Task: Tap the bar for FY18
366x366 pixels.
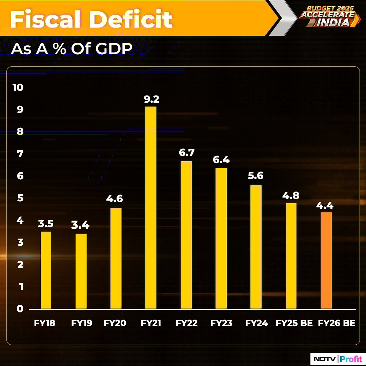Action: [46, 270]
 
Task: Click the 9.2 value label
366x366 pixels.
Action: [151, 99]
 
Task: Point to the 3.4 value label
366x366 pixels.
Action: [81, 225]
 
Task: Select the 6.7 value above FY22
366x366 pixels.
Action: [186, 153]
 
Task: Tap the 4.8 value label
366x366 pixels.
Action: [291, 196]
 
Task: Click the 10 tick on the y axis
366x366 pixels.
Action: [18, 87]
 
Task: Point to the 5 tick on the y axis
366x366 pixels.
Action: [20, 198]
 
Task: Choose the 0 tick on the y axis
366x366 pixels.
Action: [20, 309]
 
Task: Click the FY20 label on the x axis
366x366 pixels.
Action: [115, 323]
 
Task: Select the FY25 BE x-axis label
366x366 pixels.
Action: [294, 323]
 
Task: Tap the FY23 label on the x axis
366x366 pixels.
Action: [221, 323]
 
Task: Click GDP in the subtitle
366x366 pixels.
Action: [114, 49]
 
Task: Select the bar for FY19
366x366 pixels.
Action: [81, 271]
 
